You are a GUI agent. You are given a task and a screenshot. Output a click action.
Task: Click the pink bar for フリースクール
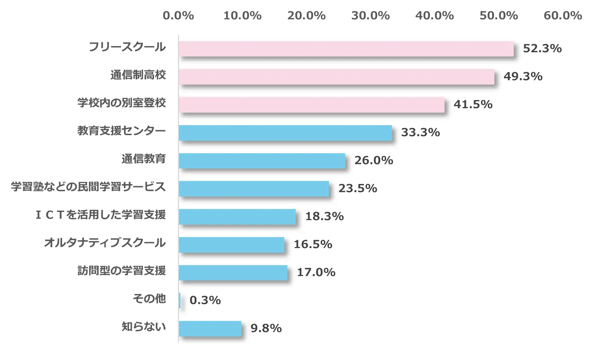pyautogui.click(x=346, y=49)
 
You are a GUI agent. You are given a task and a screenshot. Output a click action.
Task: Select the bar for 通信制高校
pyautogui.click(x=337, y=77)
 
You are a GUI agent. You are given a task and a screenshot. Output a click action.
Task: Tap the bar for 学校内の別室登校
pyautogui.click(x=312, y=105)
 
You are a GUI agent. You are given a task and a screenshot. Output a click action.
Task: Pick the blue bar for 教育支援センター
pyautogui.click(x=285, y=133)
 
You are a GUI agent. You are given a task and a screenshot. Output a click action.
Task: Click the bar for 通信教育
pyautogui.click(x=262, y=161)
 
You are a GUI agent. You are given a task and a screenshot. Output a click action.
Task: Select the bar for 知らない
pyautogui.click(x=210, y=328)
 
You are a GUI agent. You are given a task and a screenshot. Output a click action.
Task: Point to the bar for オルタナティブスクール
pyautogui.click(x=232, y=245)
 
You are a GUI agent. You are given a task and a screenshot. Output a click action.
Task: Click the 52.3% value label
pyautogui.click(x=542, y=49)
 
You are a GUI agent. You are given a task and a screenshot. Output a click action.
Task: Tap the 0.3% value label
pyautogui.click(x=205, y=300)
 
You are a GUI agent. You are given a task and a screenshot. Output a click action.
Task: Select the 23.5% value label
pyautogui.click(x=358, y=188)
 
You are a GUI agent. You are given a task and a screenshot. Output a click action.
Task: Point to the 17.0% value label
pyautogui.click(x=316, y=272)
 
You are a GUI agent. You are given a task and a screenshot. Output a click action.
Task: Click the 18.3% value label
pyautogui.click(x=324, y=217)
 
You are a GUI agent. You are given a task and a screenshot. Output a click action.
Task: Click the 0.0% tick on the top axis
pyautogui.click(x=178, y=16)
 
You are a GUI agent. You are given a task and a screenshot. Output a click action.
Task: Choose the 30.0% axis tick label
pyautogui.click(x=370, y=16)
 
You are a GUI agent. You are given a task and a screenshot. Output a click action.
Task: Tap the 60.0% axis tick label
pyautogui.click(x=563, y=16)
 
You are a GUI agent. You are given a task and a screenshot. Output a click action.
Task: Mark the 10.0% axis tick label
pyautogui.click(x=242, y=16)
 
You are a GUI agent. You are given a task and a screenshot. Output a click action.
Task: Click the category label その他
pyautogui.click(x=150, y=298)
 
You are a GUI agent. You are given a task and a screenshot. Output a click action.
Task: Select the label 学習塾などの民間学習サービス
pyautogui.click(x=88, y=187)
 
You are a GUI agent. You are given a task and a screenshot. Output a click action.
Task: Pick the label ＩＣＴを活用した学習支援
pyautogui.click(x=101, y=215)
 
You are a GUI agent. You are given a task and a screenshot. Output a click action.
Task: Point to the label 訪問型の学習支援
pyautogui.click(x=122, y=271)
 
